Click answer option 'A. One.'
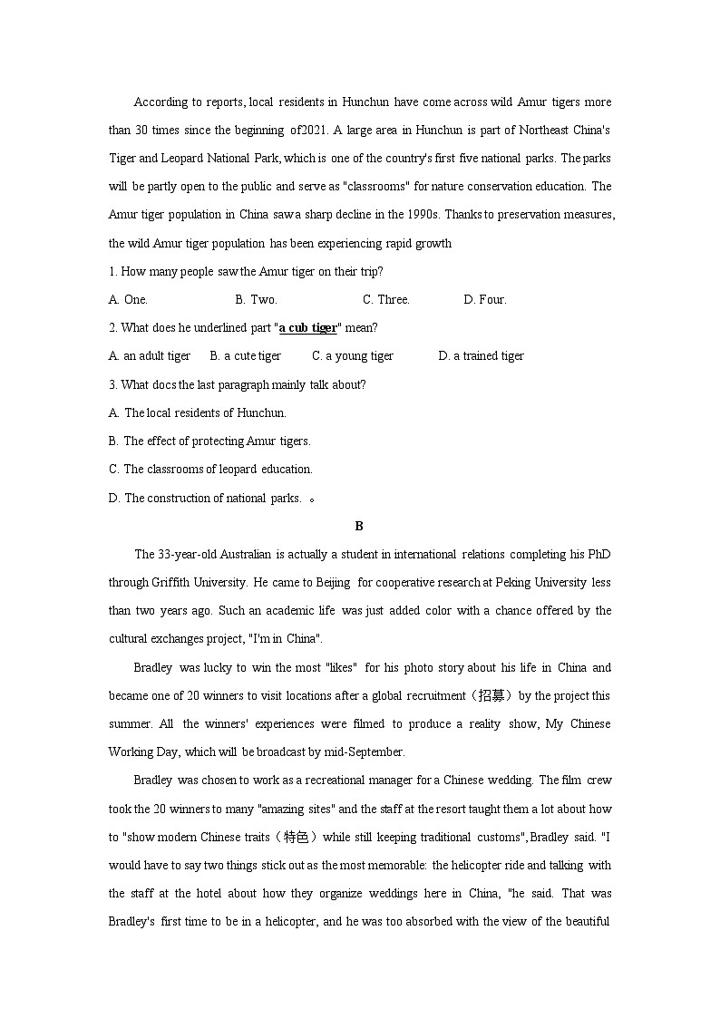128,300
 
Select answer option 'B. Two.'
256,300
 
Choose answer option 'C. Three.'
386,300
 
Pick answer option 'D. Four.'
485,300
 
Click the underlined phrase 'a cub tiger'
307,328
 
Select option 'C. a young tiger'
353,356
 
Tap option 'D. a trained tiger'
481,356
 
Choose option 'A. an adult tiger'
150,356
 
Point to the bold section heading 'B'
359,526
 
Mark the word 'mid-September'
366,752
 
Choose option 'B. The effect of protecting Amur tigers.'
209,441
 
